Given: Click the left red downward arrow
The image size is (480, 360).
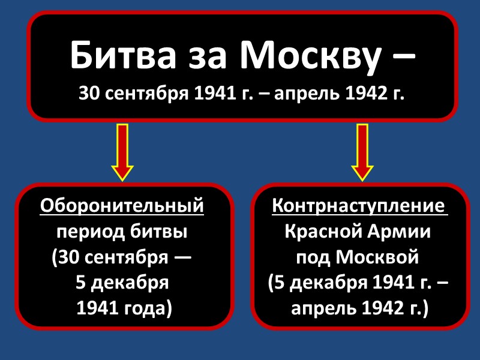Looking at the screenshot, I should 122,152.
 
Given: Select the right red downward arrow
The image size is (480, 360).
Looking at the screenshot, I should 362,152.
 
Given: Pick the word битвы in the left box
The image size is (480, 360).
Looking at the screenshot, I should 160,232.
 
